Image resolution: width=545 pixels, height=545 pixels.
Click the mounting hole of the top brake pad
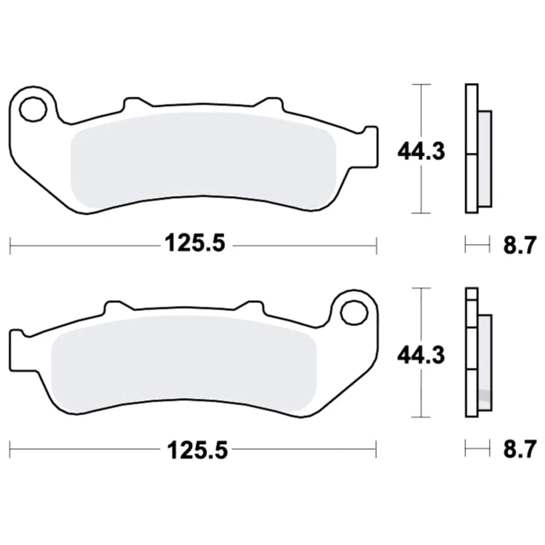coord(33,110)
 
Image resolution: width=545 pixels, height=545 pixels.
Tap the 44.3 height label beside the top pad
coord(421,152)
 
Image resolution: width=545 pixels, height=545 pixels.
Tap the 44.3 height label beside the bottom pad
coord(421,355)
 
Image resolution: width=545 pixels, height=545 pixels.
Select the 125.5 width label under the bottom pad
coord(197,450)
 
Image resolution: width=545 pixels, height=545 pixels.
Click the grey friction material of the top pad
coord(203,161)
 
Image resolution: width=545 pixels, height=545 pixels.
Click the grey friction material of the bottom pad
coord(184,365)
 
